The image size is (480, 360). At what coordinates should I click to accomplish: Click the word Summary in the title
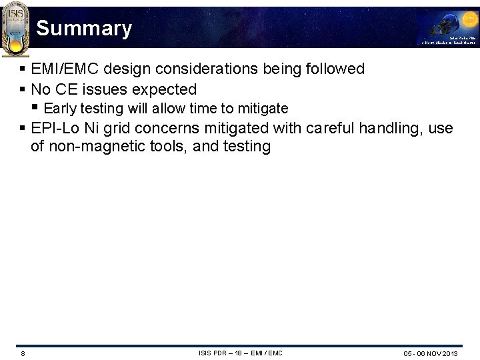[x=84, y=29]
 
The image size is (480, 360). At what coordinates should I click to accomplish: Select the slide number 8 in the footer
[x=23, y=353]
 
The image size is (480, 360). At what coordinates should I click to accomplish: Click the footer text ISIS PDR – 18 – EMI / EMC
[x=240, y=353]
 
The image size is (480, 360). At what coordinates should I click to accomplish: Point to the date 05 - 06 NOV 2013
[x=430, y=353]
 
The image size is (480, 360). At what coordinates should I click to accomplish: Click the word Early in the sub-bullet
[x=60, y=108]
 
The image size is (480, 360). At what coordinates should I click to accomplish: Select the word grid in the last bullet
[x=117, y=128]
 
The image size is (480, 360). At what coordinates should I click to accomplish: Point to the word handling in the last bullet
[x=390, y=128]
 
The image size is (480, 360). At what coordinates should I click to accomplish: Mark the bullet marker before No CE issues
[x=23, y=89]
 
